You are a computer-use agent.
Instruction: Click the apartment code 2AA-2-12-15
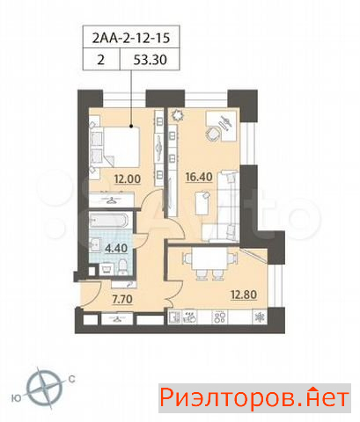131,38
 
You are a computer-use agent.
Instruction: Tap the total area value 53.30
150,60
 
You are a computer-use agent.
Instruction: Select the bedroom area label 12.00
128,178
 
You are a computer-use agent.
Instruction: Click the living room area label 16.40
199,177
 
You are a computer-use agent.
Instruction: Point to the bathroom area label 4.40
116,249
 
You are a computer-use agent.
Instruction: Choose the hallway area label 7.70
122,299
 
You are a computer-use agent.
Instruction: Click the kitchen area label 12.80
244,295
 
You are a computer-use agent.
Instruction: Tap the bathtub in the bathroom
108,221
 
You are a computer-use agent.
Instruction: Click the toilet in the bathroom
121,268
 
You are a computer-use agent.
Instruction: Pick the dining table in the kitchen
209,258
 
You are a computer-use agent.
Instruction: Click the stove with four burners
220,317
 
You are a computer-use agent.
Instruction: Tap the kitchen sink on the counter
174,317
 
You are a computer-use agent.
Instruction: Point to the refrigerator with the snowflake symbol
260,317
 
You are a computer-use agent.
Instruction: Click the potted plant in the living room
178,115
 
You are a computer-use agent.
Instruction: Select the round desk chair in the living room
213,134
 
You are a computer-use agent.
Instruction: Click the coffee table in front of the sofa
202,202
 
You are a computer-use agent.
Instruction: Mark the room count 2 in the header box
101,60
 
